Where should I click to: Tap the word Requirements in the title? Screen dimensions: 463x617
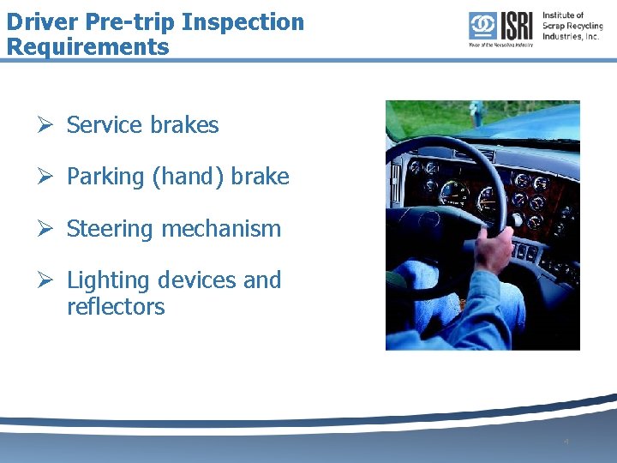[87, 46]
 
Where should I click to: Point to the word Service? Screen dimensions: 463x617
[102, 125]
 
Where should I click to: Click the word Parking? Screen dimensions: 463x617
[105, 177]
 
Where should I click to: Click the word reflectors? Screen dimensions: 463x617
[116, 307]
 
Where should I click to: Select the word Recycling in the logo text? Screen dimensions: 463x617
[583, 25]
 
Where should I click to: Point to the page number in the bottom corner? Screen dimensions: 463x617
[566, 442]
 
